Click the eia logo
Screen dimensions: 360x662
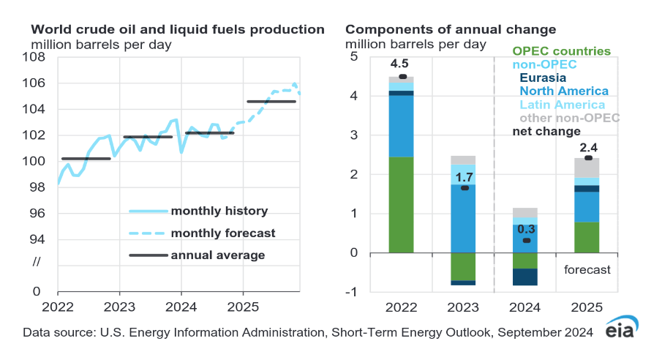(622, 330)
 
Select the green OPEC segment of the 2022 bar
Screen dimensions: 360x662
(402, 205)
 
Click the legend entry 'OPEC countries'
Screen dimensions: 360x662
(561, 51)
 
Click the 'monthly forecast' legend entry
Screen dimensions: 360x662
(222, 233)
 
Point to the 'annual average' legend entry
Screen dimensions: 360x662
(217, 255)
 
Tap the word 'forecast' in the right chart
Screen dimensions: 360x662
(587, 269)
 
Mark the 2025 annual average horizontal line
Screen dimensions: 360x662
(271, 102)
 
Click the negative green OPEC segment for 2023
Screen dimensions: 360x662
(463, 266)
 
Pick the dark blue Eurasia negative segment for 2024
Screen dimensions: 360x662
(525, 277)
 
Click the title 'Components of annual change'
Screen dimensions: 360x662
(451, 30)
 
